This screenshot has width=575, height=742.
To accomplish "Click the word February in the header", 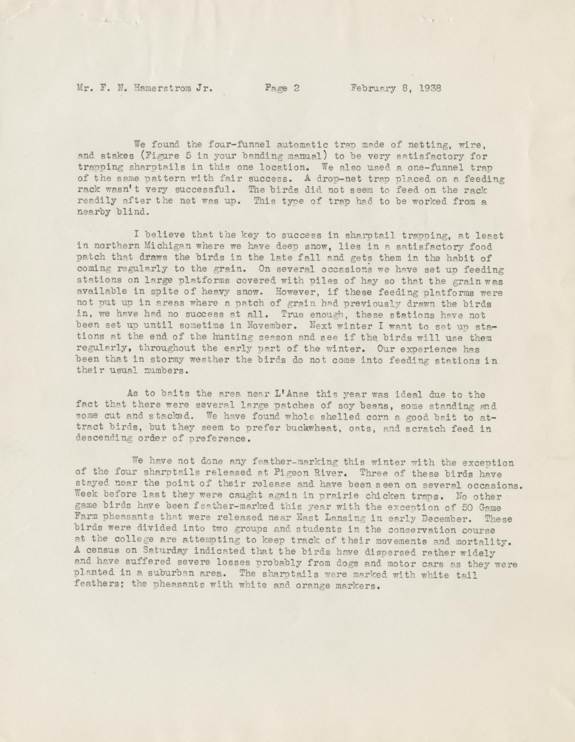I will (374, 89).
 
